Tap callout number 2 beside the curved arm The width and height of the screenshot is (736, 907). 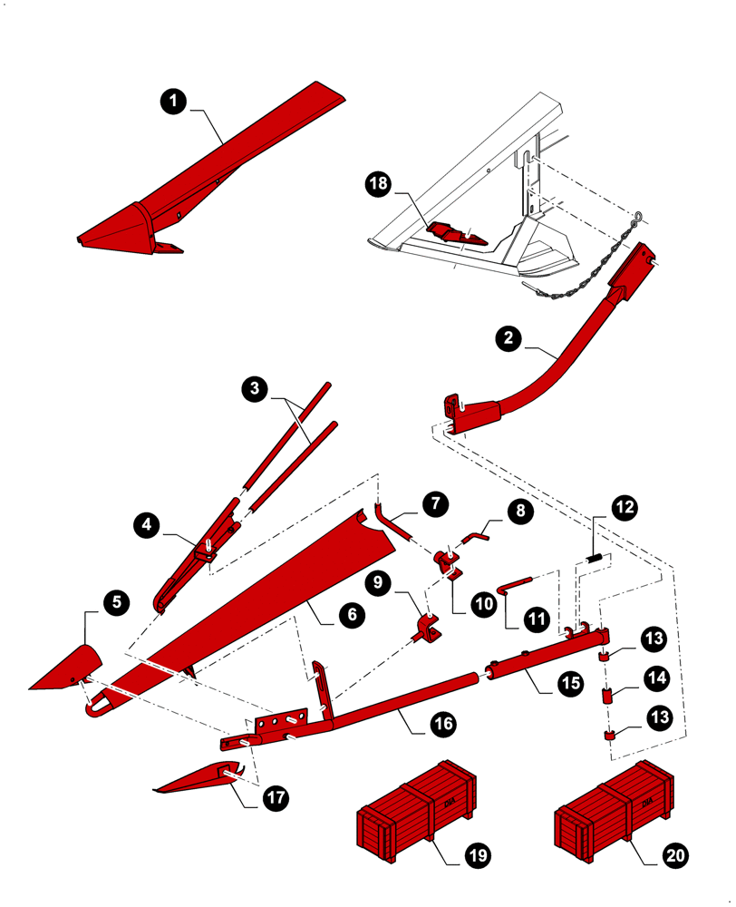click(x=509, y=339)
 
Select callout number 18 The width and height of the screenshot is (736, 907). click(x=380, y=184)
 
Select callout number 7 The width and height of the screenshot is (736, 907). click(x=434, y=502)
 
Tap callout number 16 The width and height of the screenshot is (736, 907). click(x=442, y=724)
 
